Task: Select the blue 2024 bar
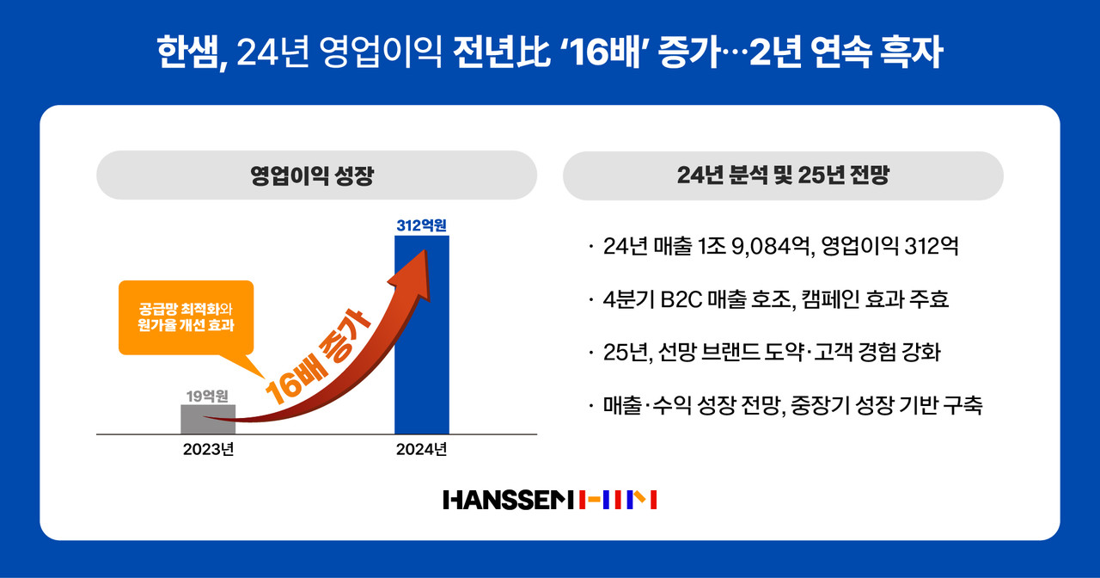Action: [421, 344]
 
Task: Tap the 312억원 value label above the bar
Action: [422, 226]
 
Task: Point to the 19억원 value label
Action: [208, 396]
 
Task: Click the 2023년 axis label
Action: [208, 450]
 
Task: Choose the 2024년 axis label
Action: [421, 450]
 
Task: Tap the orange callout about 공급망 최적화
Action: [186, 317]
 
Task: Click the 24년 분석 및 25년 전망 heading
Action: [783, 175]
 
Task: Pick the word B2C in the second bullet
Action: [678, 299]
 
